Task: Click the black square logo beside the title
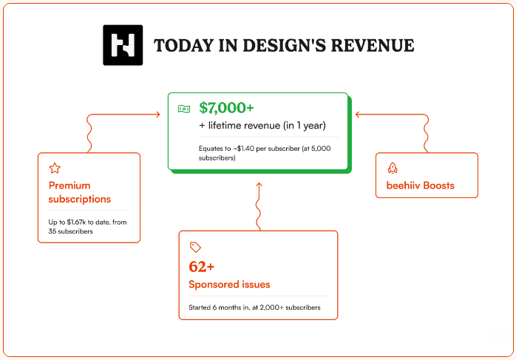pyautogui.click(x=123, y=45)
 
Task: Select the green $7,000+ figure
pyautogui.click(x=226, y=108)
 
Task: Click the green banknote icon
pyautogui.click(x=184, y=109)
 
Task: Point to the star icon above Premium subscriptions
pyautogui.click(x=55, y=168)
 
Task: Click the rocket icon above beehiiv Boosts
pyautogui.click(x=393, y=168)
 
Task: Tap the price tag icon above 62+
pyautogui.click(x=195, y=247)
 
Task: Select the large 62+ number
pyautogui.click(x=201, y=267)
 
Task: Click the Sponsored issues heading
pyautogui.click(x=229, y=285)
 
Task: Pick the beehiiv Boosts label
pyautogui.click(x=420, y=186)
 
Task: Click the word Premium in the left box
pyautogui.click(x=69, y=186)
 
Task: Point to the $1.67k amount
pyautogui.click(x=76, y=222)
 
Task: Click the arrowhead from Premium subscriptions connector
pyautogui.click(x=158, y=115)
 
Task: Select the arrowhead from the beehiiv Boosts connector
pyautogui.click(x=358, y=115)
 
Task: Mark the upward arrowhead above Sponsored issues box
pyautogui.click(x=259, y=185)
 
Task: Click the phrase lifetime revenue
pyautogui.click(x=244, y=126)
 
